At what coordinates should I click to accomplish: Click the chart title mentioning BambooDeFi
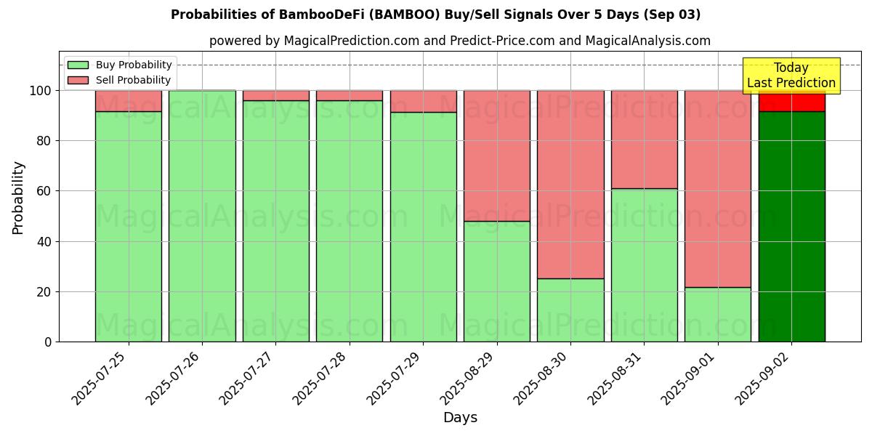[436, 15]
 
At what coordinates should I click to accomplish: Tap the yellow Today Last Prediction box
[791, 76]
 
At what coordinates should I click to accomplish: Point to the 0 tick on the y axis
[48, 342]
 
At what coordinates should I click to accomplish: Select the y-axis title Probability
[18, 198]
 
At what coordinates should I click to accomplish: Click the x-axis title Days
[460, 418]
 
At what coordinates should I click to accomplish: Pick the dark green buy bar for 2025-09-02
[791, 227]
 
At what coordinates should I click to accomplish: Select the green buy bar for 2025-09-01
[718, 314]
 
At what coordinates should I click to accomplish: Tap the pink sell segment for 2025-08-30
[570, 185]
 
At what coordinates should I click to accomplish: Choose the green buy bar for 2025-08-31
[644, 265]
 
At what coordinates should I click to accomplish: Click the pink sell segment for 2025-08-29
[497, 156]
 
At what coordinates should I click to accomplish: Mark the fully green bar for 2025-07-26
[202, 216]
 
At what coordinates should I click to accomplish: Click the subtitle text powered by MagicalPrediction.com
[460, 41]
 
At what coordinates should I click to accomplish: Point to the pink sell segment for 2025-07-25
[129, 101]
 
